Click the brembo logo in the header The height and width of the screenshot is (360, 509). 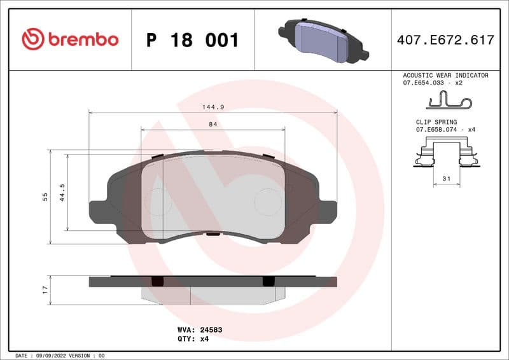pyautogui.click(x=70, y=39)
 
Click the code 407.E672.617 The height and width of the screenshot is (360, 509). pyautogui.click(x=445, y=40)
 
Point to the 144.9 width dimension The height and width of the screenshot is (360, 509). pyautogui.click(x=213, y=107)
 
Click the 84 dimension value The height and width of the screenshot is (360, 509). pyautogui.click(x=213, y=125)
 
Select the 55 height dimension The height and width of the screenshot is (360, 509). pyautogui.click(x=45, y=197)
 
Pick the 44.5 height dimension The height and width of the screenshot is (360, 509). pyautogui.click(x=62, y=192)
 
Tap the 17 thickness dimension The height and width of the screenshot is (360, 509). pyautogui.click(x=45, y=290)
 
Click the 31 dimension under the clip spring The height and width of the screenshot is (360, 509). pyautogui.click(x=446, y=179)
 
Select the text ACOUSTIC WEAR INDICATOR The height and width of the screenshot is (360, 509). pyautogui.click(x=445, y=75)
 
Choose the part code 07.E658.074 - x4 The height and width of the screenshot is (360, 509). pyautogui.click(x=445, y=129)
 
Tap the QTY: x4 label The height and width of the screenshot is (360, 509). pyautogui.click(x=193, y=339)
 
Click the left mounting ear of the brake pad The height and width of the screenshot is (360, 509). pyautogui.click(x=99, y=211)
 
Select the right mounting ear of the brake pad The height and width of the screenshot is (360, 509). pyautogui.click(x=327, y=211)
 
